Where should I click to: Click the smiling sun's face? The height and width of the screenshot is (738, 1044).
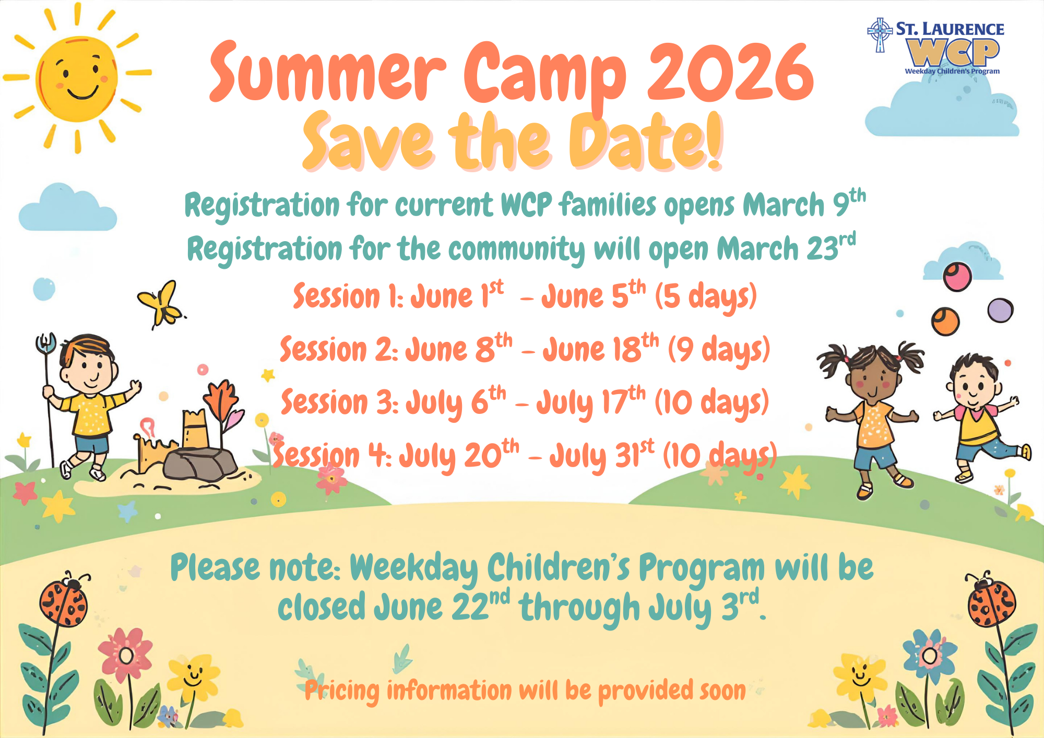(x=77, y=79)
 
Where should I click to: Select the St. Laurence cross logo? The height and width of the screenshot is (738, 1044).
(x=880, y=35)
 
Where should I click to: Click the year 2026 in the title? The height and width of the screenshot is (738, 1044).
(x=730, y=72)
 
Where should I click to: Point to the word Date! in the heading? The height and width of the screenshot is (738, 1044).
(x=646, y=141)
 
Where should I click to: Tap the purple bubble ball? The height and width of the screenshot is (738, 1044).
(x=1000, y=310)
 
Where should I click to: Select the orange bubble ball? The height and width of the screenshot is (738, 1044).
(x=945, y=321)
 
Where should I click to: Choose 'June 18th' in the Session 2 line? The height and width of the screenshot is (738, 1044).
(x=600, y=349)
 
